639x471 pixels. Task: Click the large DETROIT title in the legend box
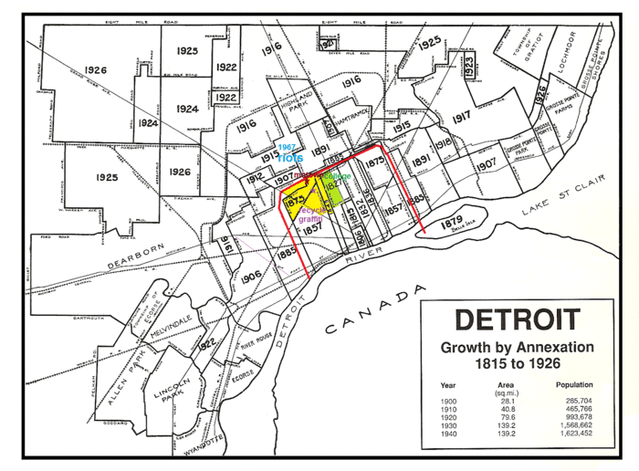tap(517, 320)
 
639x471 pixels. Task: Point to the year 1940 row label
tap(448, 435)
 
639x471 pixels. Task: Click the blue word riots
tap(290, 158)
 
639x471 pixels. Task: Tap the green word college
tap(335, 175)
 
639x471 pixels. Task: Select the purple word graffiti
tap(310, 219)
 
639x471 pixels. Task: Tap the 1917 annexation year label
tap(460, 117)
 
